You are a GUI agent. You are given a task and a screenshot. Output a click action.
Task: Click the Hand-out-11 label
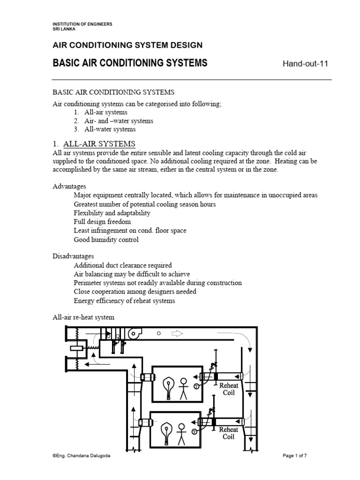(x=304, y=64)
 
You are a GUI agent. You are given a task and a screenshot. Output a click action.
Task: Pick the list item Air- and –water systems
(x=119, y=121)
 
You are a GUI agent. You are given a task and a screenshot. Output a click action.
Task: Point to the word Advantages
(x=69, y=186)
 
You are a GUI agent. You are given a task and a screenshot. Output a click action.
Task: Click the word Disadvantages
(x=73, y=256)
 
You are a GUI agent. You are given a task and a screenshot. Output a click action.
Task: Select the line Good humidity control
(x=106, y=240)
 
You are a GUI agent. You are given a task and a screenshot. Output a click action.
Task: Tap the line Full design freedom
(x=102, y=221)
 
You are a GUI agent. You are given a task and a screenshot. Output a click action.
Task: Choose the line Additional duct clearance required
(x=123, y=265)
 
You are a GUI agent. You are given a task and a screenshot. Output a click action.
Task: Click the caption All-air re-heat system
(x=83, y=317)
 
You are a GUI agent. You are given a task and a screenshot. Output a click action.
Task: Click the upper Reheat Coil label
(x=229, y=389)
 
